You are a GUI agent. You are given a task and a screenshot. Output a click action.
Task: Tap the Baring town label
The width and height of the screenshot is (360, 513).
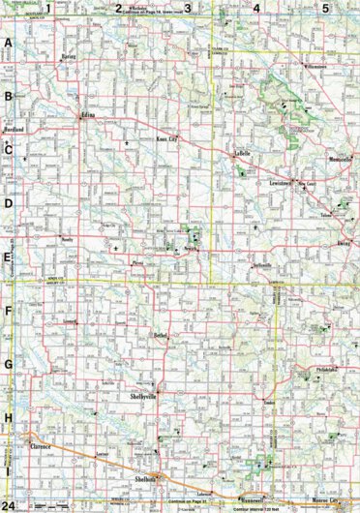click(x=67, y=57)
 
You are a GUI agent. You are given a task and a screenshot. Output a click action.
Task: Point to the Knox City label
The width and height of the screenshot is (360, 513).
click(x=166, y=140)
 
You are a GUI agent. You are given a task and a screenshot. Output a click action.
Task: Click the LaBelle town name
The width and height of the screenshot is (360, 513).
click(x=242, y=153)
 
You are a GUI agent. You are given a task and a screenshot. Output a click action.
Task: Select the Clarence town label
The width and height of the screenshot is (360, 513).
click(x=36, y=448)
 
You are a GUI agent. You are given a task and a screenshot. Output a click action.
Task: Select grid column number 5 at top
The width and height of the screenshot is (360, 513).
click(x=325, y=9)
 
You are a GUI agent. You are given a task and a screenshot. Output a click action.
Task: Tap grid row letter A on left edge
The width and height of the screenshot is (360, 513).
click(x=8, y=44)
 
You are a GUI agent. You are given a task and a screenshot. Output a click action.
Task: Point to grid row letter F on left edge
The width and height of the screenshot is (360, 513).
click(x=8, y=313)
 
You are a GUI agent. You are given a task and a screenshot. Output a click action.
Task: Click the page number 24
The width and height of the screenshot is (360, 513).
click(x=8, y=505)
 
